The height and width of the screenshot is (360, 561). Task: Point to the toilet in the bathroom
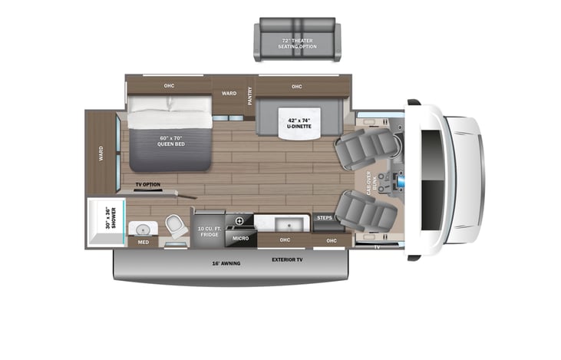click(175, 226)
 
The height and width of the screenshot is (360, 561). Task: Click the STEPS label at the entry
click(324, 219)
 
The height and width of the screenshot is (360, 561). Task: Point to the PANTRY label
click(249, 96)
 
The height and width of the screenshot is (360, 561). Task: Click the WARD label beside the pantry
click(229, 94)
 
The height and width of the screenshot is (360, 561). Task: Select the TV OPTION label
click(147, 185)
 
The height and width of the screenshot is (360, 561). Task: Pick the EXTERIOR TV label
click(289, 259)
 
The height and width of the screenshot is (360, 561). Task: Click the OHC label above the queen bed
click(169, 85)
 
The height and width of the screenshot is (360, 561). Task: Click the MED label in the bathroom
click(143, 243)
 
